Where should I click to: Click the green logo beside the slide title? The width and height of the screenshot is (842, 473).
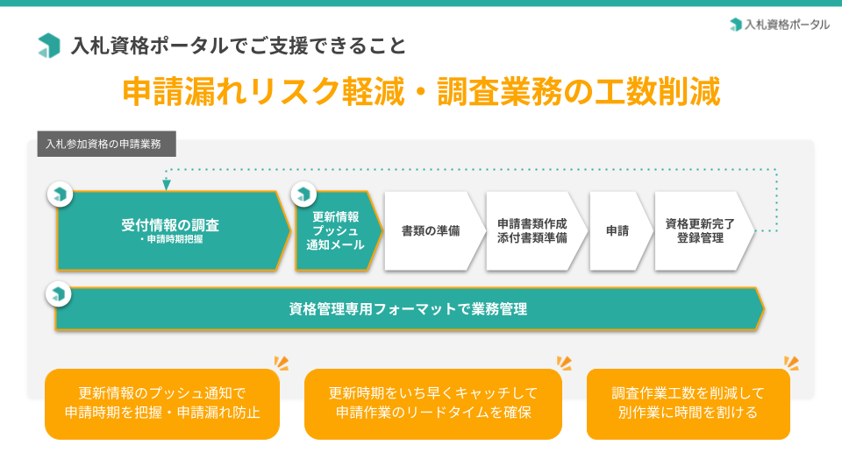tap(49, 46)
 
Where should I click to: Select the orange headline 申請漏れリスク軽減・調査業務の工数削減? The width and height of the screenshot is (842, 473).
tap(422, 92)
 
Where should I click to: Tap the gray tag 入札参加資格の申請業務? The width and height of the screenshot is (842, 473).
tap(106, 144)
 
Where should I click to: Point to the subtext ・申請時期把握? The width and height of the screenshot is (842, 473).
tap(170, 239)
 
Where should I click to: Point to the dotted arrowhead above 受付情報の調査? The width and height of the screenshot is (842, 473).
tap(167, 185)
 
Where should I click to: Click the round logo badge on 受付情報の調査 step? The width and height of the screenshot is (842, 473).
tap(61, 194)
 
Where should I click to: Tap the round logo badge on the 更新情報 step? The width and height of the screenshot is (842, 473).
tap(303, 194)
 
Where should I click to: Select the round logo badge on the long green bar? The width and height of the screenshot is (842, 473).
tap(59, 294)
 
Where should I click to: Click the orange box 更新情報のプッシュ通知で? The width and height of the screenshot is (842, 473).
tap(162, 404)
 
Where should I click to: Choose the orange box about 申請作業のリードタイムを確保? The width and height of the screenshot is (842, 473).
tap(432, 404)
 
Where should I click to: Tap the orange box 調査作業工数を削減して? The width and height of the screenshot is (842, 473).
tap(688, 404)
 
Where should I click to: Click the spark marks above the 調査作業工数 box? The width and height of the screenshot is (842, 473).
tap(791, 363)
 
